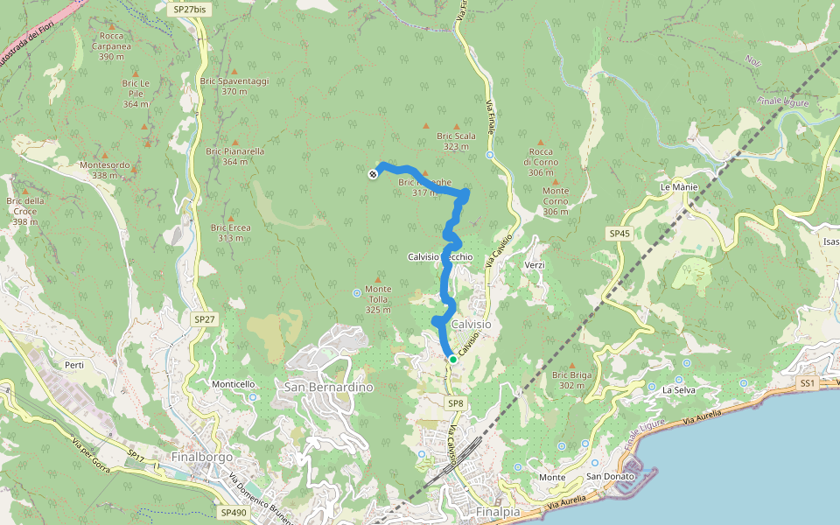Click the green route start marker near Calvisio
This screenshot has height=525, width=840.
click(x=453, y=359)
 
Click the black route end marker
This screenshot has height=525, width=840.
click(x=373, y=175)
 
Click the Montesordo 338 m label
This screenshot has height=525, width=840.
click(x=104, y=170)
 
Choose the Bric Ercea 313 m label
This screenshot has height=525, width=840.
click(x=231, y=233)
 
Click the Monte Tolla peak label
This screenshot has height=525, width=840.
click(x=378, y=299)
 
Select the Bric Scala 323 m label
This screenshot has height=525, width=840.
click(x=456, y=141)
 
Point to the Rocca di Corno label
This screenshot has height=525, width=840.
click(x=541, y=162)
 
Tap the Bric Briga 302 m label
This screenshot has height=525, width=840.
click(x=573, y=380)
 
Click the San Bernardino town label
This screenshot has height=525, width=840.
click(x=329, y=387)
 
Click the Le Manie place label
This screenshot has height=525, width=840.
click(x=677, y=187)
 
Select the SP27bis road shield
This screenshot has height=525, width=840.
click(x=190, y=9)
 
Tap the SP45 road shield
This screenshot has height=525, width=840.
click(x=619, y=234)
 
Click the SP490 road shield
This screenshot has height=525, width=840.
click(x=234, y=513)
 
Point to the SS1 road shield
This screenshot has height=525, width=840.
click(x=807, y=383)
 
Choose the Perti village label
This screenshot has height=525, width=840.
click(x=73, y=365)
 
